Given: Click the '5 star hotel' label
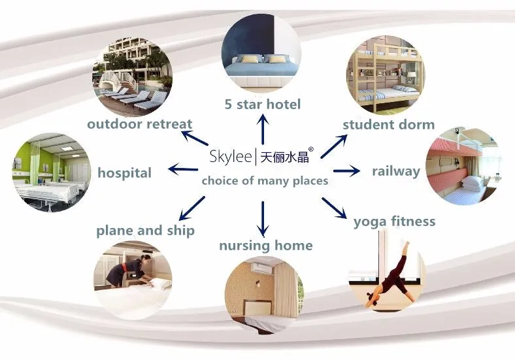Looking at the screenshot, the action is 262,104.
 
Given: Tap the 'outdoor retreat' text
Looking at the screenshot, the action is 139,124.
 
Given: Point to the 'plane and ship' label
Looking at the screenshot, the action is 145,230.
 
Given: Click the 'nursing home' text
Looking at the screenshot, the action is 265,246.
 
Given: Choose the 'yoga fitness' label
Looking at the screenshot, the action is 394,221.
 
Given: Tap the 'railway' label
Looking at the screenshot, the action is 396,171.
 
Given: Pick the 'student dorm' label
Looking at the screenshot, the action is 388,124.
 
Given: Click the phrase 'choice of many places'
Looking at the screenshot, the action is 264,181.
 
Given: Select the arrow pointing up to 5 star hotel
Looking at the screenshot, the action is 263,129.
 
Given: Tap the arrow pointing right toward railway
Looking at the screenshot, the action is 347,171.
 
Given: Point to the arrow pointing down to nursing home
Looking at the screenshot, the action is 263,218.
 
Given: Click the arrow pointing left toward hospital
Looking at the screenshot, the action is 183,170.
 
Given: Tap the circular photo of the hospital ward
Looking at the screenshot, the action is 51,172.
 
